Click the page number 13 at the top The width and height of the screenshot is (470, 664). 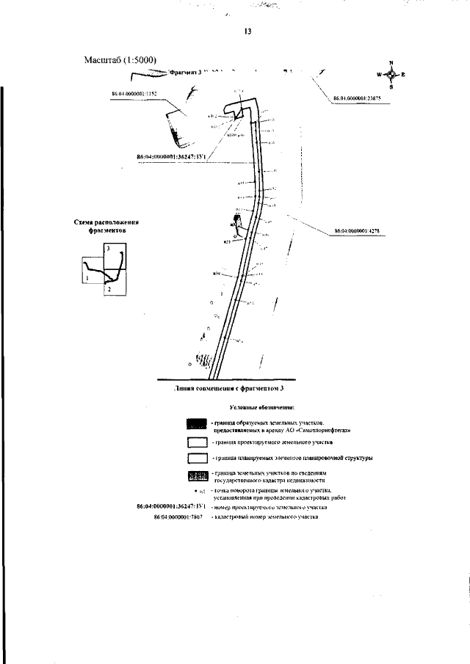[x=247, y=32]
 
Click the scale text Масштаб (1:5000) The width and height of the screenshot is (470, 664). [x=121, y=59]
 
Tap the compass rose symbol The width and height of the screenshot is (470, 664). [x=391, y=75]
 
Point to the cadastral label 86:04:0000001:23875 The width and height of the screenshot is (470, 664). [x=358, y=98]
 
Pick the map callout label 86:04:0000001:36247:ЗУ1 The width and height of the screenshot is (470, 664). [x=170, y=156]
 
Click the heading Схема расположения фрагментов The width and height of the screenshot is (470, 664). [x=106, y=225]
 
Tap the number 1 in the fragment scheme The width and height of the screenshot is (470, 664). [x=87, y=279]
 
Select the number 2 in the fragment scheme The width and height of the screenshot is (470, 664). [x=108, y=291]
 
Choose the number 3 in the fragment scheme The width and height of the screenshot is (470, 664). [x=108, y=251]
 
